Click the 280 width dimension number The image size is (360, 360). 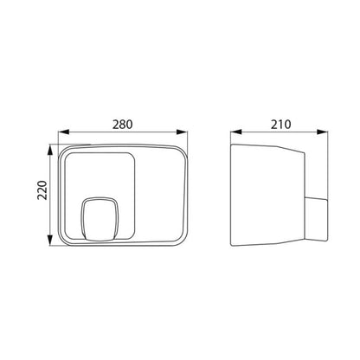[x=123, y=125]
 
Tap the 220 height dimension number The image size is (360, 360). [x=42, y=190]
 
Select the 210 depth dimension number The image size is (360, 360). [x=280, y=125]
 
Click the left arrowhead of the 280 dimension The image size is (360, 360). [x=64, y=132]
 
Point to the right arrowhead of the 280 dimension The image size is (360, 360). [x=182, y=132]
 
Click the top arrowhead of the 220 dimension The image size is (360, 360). [x=50, y=150]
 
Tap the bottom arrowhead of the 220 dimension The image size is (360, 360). [x=50, y=241]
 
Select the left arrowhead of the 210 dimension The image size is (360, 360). [x=236, y=132]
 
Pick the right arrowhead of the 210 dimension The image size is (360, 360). [x=322, y=132]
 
